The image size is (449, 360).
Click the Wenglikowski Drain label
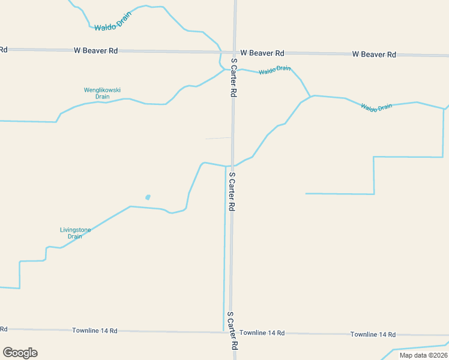[102, 93]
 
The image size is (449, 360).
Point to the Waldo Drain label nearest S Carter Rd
[275, 70]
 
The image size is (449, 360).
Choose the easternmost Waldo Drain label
[376, 107]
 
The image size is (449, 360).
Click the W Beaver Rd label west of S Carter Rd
[95, 51]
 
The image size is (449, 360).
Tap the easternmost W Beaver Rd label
[374, 54]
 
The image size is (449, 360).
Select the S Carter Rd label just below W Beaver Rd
[234, 78]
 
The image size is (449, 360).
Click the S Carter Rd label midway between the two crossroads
[232, 191]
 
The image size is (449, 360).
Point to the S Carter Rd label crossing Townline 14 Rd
[233, 331]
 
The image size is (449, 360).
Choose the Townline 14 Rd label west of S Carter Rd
[95, 331]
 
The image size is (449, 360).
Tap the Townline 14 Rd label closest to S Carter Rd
[262, 332]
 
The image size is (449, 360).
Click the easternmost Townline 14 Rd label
[373, 334]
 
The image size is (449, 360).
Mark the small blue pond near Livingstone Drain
[148, 197]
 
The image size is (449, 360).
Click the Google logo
[20, 353]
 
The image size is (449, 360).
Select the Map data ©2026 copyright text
[423, 355]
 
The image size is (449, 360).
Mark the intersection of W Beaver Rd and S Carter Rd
[235, 52]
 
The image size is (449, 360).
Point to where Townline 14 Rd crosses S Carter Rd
[232, 332]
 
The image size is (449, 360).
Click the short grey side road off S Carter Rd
[218, 138]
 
